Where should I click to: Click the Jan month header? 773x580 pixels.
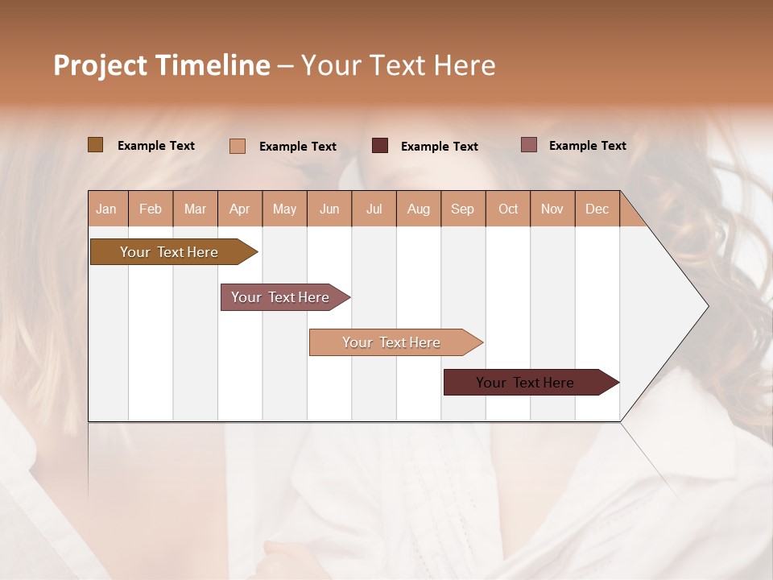(x=107, y=209)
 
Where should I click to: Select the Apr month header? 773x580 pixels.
(x=240, y=209)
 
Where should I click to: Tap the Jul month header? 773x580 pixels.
(x=374, y=209)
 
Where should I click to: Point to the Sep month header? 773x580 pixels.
(x=463, y=209)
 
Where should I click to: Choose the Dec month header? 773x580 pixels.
(x=597, y=209)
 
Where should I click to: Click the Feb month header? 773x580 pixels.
(x=151, y=209)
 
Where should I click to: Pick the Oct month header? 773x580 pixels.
(x=508, y=209)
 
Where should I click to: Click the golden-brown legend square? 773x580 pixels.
(x=95, y=145)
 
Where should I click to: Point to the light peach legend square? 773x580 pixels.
(x=238, y=146)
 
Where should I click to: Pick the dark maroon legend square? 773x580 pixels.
(x=380, y=146)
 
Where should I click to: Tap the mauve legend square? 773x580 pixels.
(x=529, y=145)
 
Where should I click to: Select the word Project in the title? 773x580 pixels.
(x=100, y=65)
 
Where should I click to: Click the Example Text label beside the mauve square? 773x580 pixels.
(x=588, y=146)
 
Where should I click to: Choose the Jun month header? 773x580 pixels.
(x=329, y=209)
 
